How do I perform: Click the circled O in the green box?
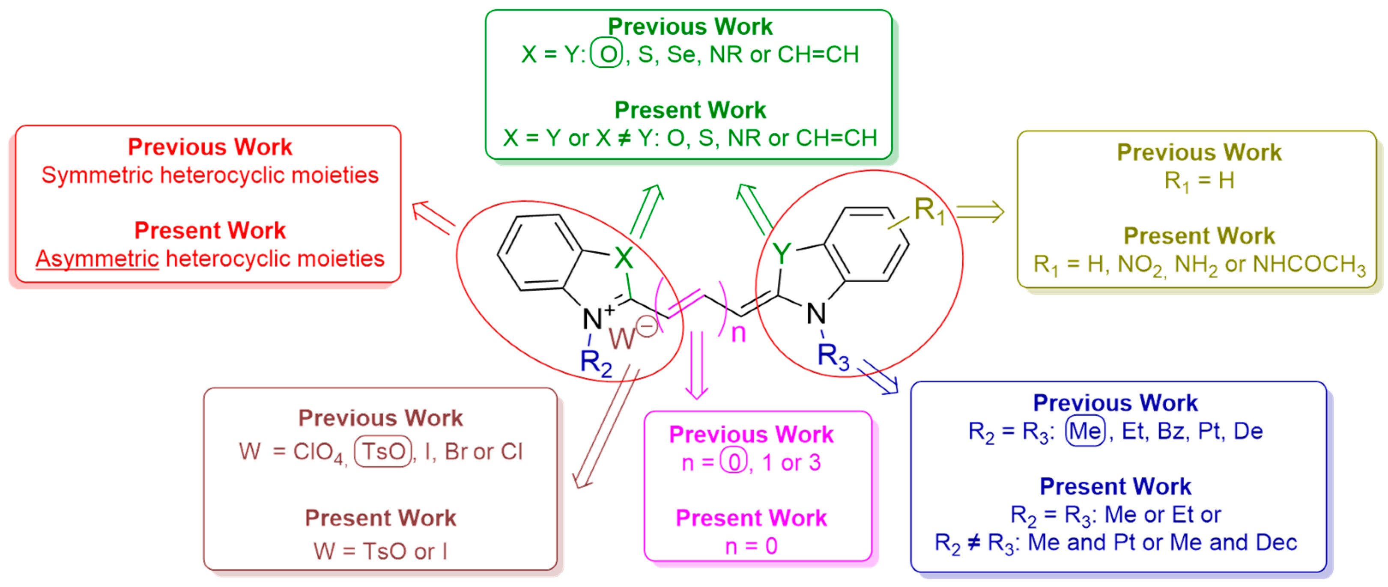click(x=607, y=54)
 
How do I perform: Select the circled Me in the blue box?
click(x=1085, y=431)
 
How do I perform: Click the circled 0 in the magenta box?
click(x=734, y=462)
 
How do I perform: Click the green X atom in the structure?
click(x=624, y=258)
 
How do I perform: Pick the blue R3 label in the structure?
click(x=833, y=357)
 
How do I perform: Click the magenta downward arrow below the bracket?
click(x=697, y=366)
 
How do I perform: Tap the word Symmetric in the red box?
click(x=97, y=176)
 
